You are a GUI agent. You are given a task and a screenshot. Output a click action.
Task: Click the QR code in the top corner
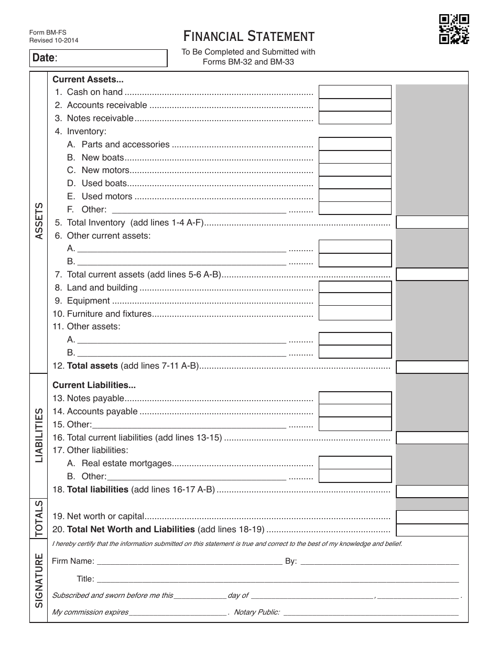point(453,29)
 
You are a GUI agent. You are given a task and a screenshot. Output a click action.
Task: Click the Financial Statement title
point(249,36)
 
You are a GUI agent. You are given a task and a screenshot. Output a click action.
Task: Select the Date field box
point(98,58)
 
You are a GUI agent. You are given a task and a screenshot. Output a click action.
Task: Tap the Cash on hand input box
point(355,92)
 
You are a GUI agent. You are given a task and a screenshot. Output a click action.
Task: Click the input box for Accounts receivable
point(355,105)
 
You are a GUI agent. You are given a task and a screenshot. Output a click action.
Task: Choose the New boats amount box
point(355,157)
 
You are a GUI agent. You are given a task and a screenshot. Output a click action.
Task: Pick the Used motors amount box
point(355,196)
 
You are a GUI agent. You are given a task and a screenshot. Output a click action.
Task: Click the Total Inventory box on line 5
point(432,222)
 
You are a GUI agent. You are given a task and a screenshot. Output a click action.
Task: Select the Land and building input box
point(355,287)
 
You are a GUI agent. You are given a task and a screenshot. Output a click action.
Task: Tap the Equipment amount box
point(355,300)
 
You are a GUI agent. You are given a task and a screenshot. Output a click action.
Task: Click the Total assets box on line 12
point(432,367)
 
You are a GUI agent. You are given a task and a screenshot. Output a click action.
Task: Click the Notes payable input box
point(355,398)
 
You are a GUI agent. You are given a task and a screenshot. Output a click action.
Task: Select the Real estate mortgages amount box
point(355,463)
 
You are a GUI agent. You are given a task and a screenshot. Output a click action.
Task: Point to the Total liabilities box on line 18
point(432,491)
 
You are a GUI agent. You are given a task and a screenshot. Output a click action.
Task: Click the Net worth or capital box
point(432,517)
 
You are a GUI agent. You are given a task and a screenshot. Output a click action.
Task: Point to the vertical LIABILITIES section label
point(39,435)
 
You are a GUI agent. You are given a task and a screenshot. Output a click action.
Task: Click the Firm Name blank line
point(189,562)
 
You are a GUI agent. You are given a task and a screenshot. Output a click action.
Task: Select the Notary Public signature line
point(371,612)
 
